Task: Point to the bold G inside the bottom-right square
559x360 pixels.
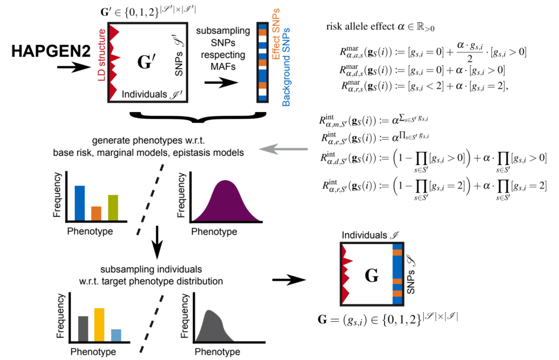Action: click(371, 276)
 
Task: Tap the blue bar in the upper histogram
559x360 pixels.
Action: click(80, 202)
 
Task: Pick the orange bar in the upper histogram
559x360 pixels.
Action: click(96, 213)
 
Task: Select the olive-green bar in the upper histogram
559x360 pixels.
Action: click(112, 207)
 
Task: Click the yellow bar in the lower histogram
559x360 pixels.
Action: click(99, 326)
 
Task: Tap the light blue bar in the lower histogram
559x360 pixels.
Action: click(116, 336)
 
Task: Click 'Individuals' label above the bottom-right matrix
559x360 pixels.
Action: click(367, 234)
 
